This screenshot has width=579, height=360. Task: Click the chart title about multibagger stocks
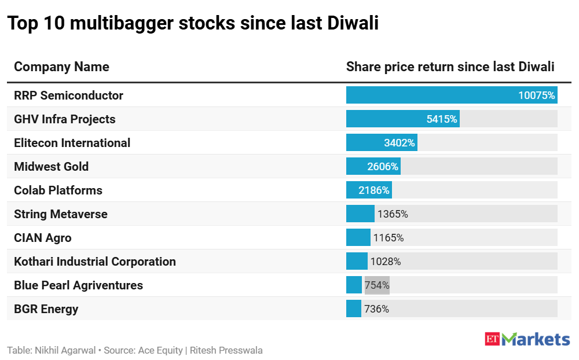193,24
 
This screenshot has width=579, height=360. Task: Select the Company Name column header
61,67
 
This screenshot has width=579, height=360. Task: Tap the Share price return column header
450,67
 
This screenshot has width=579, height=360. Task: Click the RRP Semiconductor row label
68,95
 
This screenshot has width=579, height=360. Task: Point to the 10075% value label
536,95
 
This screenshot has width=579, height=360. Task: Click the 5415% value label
442,119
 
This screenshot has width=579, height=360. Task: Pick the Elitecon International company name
72,143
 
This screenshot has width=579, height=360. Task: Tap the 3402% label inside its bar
399,143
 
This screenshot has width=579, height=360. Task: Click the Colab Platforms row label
58,190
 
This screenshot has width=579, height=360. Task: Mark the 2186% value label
375,190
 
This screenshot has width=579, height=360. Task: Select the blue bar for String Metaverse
360,214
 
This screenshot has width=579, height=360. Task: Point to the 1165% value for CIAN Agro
389,238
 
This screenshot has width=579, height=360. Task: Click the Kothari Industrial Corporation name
94,262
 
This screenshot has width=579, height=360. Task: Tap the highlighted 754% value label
377,285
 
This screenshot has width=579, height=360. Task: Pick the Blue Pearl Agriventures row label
78,285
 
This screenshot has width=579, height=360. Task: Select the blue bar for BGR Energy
354,309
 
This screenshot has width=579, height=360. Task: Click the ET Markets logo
527,339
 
